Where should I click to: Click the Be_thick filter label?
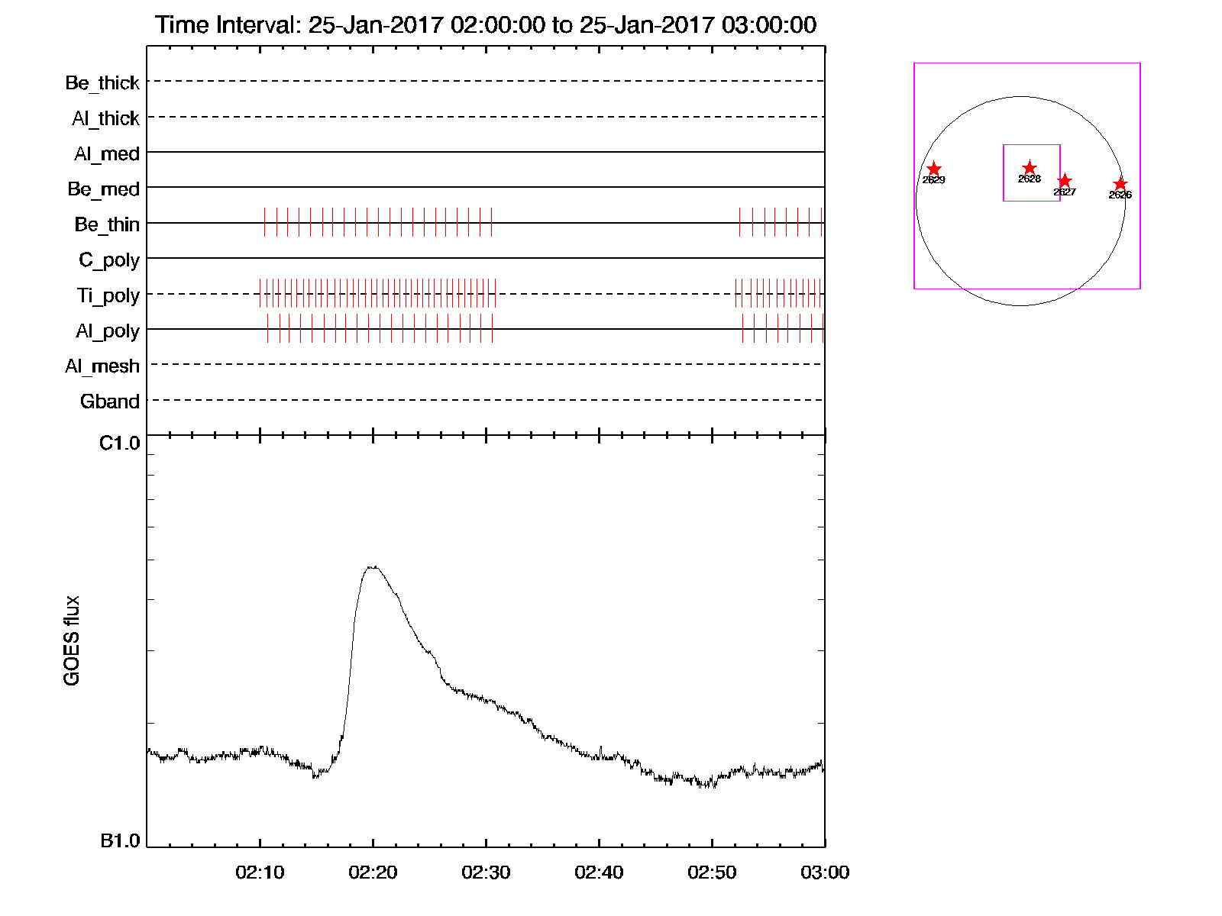(102, 82)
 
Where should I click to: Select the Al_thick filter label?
(105, 118)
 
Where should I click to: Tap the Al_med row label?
(106, 153)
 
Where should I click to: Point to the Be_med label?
(103, 189)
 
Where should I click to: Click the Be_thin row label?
(107, 224)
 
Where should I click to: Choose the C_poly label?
(109, 260)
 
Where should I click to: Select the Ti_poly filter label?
(108, 295)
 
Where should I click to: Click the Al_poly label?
(108, 331)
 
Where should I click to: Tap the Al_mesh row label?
(102, 366)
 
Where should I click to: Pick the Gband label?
(110, 402)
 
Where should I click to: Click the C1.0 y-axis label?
(120, 443)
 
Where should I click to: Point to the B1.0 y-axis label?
(120, 841)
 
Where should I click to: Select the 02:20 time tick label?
(373, 872)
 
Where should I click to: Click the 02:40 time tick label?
(599, 872)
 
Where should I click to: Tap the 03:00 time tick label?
(825, 872)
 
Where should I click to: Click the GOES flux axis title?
(72, 640)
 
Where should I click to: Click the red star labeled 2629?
(933, 169)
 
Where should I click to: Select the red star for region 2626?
(1120, 184)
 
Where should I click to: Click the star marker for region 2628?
(1030, 168)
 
